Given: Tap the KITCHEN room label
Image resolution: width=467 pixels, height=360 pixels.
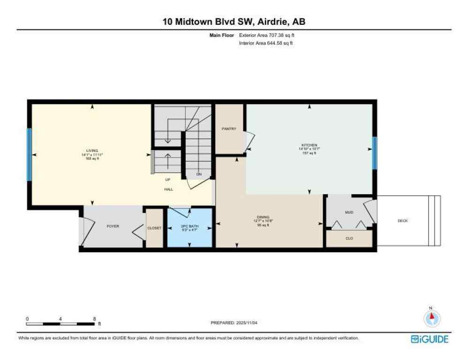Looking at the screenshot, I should [309, 145].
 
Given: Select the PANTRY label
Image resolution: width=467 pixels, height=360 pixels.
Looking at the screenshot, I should [229, 129].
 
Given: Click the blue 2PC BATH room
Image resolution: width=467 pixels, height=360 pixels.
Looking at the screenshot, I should [190, 227].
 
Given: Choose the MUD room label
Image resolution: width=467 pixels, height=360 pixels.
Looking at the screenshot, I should [349, 212].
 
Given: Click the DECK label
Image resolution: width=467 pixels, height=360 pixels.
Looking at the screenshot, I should [402, 221].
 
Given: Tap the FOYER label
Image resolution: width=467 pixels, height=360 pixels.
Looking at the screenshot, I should [113, 226].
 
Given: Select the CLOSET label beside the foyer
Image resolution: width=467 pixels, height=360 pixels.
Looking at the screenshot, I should [154, 228].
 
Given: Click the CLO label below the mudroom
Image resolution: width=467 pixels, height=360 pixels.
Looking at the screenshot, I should [349, 238].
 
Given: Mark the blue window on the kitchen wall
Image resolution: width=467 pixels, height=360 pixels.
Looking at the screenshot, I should [374, 153].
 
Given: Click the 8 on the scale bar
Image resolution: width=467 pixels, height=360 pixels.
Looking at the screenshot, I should [94, 319].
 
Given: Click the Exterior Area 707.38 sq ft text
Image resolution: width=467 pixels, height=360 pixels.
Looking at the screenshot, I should [266, 35].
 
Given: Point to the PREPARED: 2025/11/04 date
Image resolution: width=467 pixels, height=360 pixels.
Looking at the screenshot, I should [233, 323].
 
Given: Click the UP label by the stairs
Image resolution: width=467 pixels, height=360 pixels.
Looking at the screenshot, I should [167, 180].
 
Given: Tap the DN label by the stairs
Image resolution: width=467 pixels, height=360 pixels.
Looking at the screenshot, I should [199, 174].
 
